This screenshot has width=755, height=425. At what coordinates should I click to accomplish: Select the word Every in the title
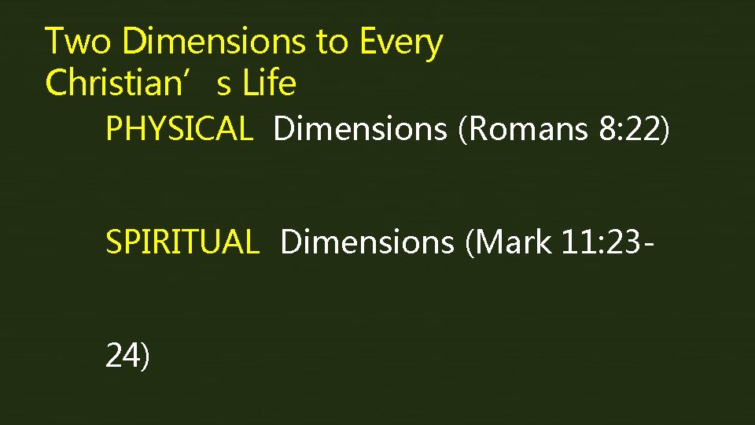point(401,43)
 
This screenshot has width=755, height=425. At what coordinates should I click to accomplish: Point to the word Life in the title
point(269,83)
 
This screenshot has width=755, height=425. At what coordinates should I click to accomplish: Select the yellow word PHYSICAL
point(179,129)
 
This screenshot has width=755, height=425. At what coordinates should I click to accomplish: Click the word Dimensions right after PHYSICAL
point(360,129)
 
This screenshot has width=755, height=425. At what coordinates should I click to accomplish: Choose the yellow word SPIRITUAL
point(182,242)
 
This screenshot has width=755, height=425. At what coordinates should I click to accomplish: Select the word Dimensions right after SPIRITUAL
point(366,242)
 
